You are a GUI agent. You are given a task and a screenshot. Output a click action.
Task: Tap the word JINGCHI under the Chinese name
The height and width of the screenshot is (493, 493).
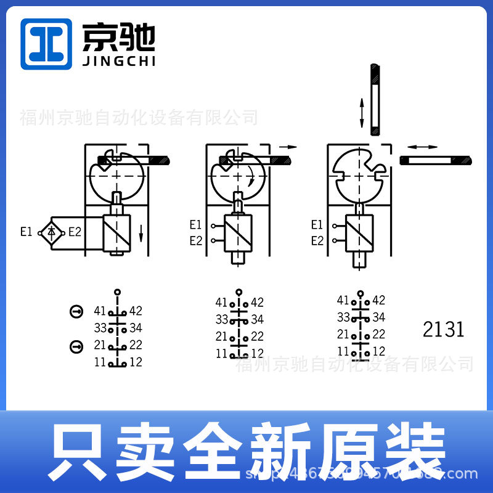(118, 61)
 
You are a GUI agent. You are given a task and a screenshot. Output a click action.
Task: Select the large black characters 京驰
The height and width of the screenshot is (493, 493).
(118, 37)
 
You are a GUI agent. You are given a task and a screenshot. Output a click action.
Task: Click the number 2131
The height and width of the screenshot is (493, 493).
(443, 329)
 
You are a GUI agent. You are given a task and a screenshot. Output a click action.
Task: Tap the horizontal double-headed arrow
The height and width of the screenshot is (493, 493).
(422, 147)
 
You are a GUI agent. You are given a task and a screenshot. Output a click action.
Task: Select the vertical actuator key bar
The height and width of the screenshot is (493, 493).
(375, 99)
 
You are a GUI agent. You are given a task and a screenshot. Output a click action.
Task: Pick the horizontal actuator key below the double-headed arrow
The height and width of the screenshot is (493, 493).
(436, 161)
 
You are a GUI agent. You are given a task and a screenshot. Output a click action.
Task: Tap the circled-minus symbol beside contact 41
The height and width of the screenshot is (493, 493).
(76, 312)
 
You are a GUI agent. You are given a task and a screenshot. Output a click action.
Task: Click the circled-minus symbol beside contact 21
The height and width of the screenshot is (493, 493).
(76, 347)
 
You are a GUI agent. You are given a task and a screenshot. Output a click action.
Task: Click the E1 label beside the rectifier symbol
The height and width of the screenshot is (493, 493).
(26, 232)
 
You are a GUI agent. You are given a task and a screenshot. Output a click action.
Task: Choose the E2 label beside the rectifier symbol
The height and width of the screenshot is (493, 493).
(75, 232)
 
